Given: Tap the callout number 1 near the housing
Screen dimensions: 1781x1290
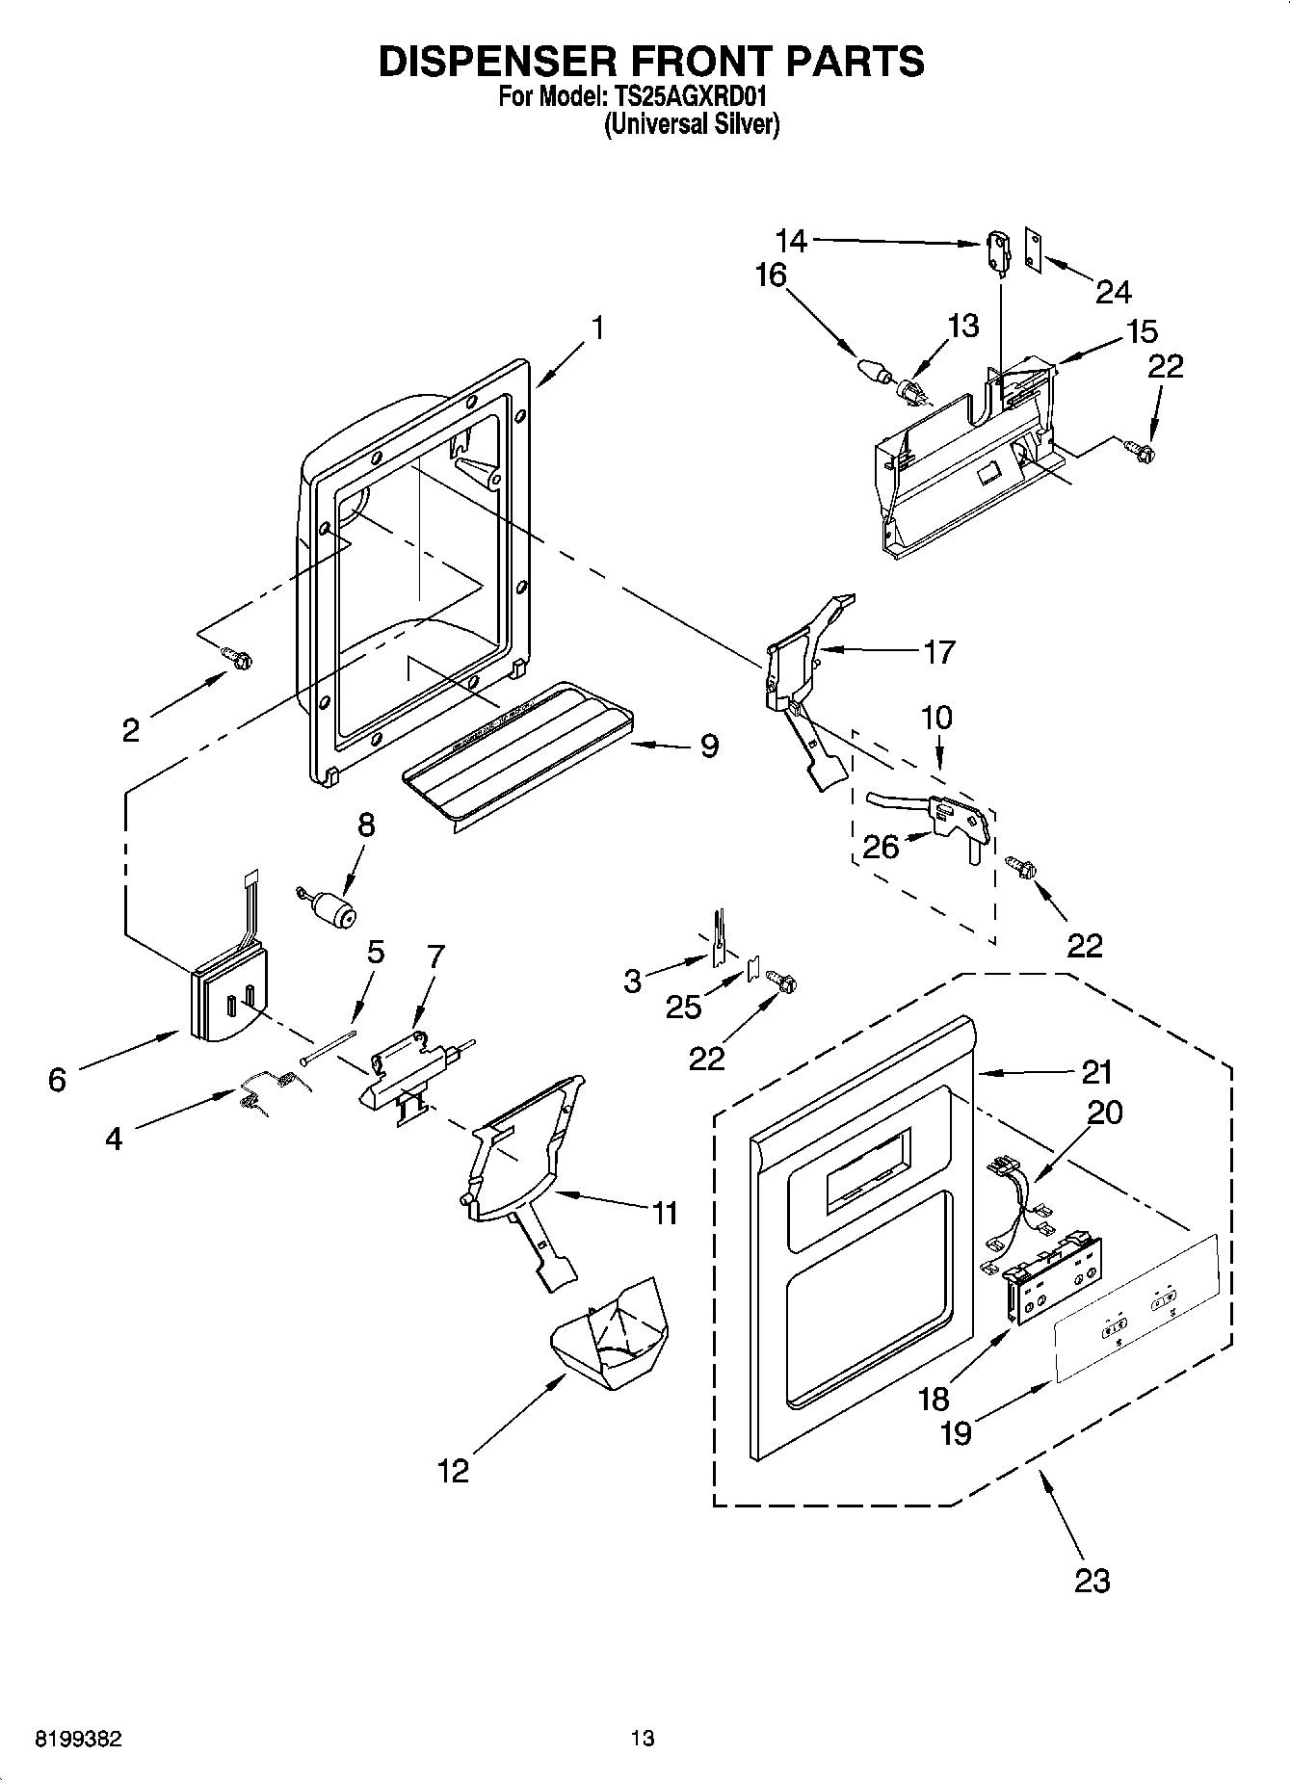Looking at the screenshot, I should click(x=597, y=328).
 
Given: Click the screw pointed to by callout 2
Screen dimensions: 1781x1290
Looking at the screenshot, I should click(x=238, y=658).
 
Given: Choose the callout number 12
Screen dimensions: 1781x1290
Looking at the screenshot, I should click(x=453, y=1471).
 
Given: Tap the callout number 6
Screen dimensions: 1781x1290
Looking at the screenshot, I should click(x=57, y=1080).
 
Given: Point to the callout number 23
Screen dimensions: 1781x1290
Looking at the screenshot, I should click(x=1092, y=1580).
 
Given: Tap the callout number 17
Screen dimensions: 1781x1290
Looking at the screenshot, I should click(x=938, y=652).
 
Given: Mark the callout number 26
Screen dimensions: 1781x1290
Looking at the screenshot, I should click(x=881, y=847).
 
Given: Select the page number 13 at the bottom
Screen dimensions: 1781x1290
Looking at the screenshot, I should click(x=643, y=1739).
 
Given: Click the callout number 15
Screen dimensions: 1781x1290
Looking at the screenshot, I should click(x=1142, y=331).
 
